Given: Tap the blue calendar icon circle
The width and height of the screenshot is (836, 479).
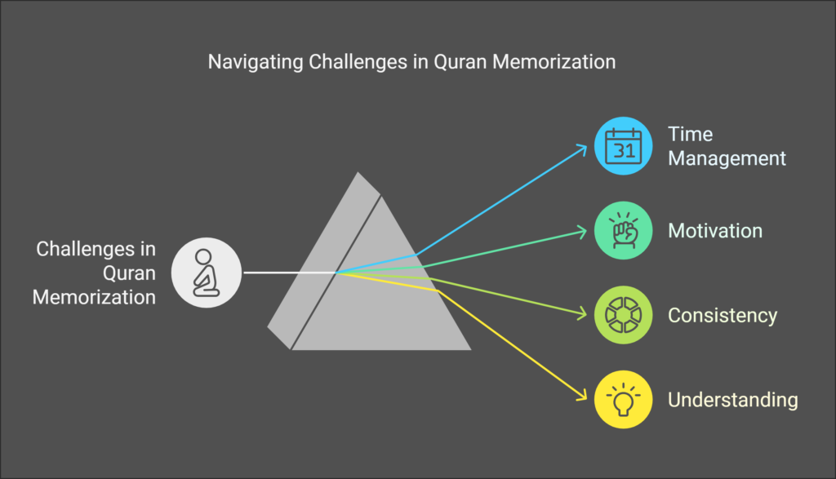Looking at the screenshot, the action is tap(623, 146).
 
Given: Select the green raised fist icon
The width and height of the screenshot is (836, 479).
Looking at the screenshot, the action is tap(623, 231).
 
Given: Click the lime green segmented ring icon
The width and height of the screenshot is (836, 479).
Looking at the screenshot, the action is tap(623, 315).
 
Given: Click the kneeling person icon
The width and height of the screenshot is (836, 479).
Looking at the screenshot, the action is tap(207, 273).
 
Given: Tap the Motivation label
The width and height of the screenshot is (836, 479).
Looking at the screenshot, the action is tap(715, 231).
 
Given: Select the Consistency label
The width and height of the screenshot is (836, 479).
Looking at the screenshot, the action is tap(723, 316).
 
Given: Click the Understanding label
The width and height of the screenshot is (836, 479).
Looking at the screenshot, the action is tap(733, 400).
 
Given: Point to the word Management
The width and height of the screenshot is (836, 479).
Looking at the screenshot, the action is tap(727, 158).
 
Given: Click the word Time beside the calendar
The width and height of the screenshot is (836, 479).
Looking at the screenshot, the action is tap(691, 135).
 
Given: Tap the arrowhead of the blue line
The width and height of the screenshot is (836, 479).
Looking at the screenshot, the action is tap(582, 149).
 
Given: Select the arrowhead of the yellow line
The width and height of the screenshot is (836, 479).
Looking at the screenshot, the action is tap(582, 396).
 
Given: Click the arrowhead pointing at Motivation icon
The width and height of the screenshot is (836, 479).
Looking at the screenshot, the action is tap(582, 232).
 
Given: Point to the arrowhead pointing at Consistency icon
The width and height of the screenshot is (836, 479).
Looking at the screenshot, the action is tap(582, 314).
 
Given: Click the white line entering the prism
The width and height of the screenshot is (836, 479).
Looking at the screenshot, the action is tap(290, 273).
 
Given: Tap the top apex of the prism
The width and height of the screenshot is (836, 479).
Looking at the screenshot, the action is tap(358, 172).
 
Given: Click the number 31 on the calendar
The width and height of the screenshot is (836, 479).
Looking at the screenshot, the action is tap(623, 151).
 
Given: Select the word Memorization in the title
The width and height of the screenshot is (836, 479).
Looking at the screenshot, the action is tap(554, 62).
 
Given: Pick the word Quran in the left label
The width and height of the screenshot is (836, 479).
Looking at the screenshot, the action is tap(129, 273).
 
